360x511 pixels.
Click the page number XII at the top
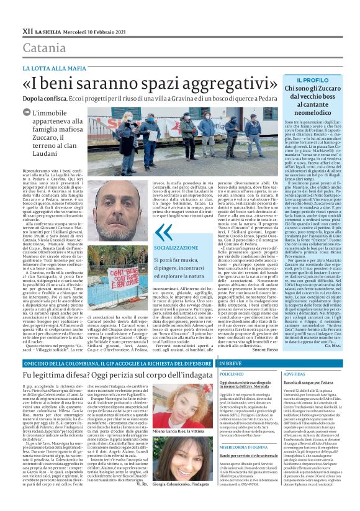28,30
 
